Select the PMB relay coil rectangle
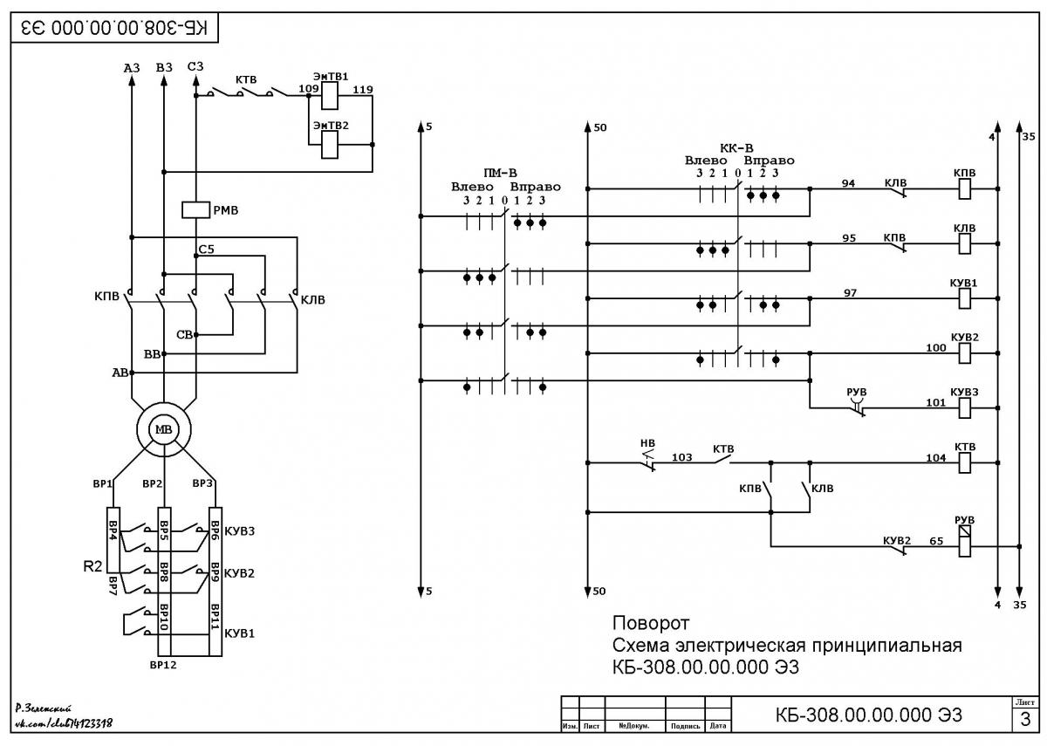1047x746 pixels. pos(195,210)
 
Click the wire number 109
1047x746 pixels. pos(309,89)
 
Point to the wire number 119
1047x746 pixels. pos(363,89)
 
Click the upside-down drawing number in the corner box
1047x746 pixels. pos(114,28)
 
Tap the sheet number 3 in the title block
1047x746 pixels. pos(1025,719)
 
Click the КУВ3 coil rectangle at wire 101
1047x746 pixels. pos(965,408)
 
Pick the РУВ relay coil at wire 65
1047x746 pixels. pos(965,541)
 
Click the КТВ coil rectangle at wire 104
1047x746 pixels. pos(965,462)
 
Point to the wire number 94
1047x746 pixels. pos(848,183)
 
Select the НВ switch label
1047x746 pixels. pos(647,443)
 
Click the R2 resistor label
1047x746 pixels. pos(92,566)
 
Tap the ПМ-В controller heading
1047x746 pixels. pos(500,173)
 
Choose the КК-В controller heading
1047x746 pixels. pos(736,148)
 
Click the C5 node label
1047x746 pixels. pos(206,250)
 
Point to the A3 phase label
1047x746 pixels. pos(132,68)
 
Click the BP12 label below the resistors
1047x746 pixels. pos(163,665)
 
